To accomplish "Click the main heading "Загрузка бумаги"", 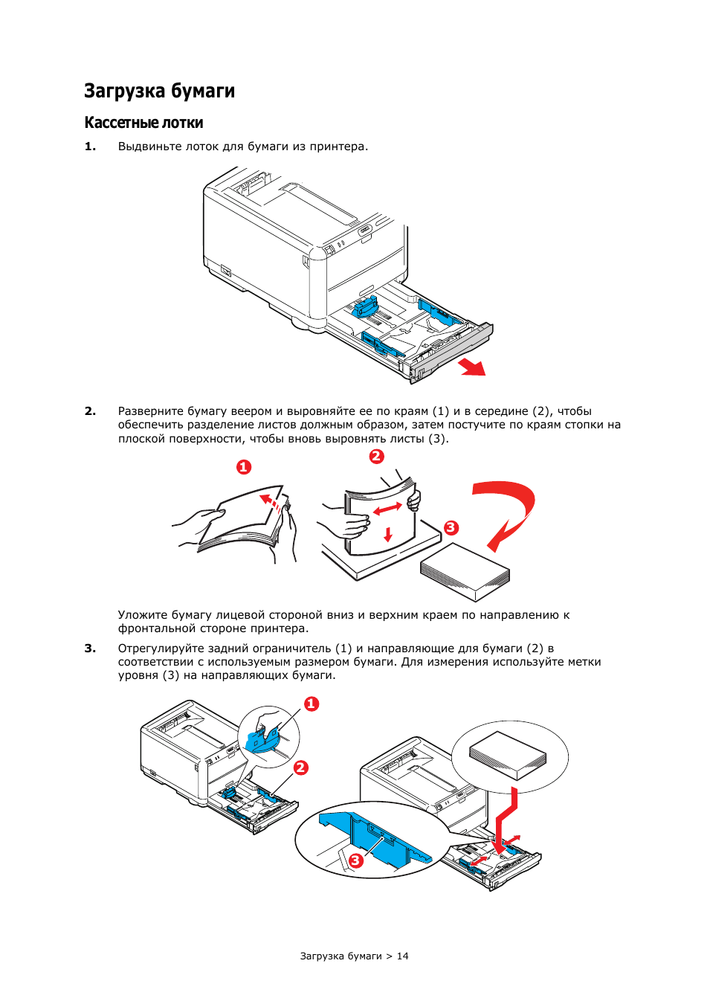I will tap(159, 91).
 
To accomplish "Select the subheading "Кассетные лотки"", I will tap(143, 123).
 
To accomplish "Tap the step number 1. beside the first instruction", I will tap(90, 147).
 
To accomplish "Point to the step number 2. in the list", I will tap(90, 411).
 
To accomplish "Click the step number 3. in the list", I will tap(90, 649).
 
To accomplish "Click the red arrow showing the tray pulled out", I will tap(472, 367).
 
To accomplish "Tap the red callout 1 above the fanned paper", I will tap(244, 467).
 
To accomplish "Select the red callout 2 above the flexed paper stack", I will tap(377, 457).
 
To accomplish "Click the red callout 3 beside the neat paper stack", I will tap(451, 528).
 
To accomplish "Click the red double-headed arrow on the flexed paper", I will tap(387, 509).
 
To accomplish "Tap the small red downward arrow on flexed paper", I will tap(387, 534).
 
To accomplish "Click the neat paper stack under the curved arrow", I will tap(465, 571).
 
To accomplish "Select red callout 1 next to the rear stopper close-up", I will tap(312, 704).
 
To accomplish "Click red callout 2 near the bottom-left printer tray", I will tap(300, 768).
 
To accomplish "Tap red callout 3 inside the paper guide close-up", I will tap(356, 860).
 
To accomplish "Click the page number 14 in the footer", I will tap(402, 956).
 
